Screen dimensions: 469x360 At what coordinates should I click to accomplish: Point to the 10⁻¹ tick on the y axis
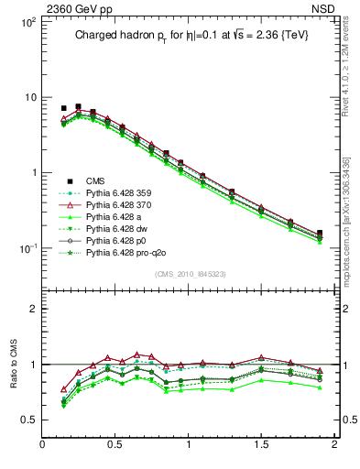[27, 249]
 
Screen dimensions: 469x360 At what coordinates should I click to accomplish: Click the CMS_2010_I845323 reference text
[189, 273]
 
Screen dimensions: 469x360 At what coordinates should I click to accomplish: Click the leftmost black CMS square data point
[63, 108]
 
